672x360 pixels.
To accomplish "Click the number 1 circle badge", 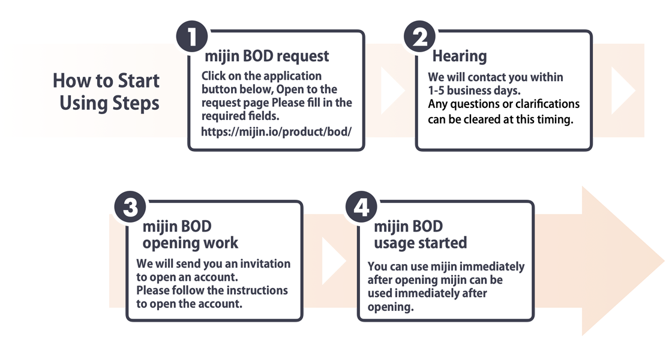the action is tap(192, 37).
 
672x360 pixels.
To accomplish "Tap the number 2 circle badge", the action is tap(419, 37).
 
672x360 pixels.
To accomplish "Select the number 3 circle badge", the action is tap(130, 207).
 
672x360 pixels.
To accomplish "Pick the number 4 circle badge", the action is tap(361, 207).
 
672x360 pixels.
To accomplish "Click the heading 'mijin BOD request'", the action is tap(266, 56).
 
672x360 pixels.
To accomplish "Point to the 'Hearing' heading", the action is tap(460, 56).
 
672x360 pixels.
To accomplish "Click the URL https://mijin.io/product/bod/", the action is tap(277, 131).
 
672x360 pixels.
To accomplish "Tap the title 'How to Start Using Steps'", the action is tap(106, 92).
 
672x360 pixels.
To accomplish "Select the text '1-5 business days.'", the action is tap(474, 91).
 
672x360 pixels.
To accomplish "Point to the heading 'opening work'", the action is tap(190, 243).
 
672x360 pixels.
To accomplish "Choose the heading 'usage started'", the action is tap(421, 243).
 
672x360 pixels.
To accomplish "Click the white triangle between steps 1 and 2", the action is tap(391, 91).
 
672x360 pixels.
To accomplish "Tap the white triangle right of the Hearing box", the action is tap(621, 91).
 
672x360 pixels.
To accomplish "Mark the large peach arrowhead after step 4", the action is tap(617, 260).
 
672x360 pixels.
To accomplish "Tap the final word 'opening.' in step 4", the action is tap(391, 307).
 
